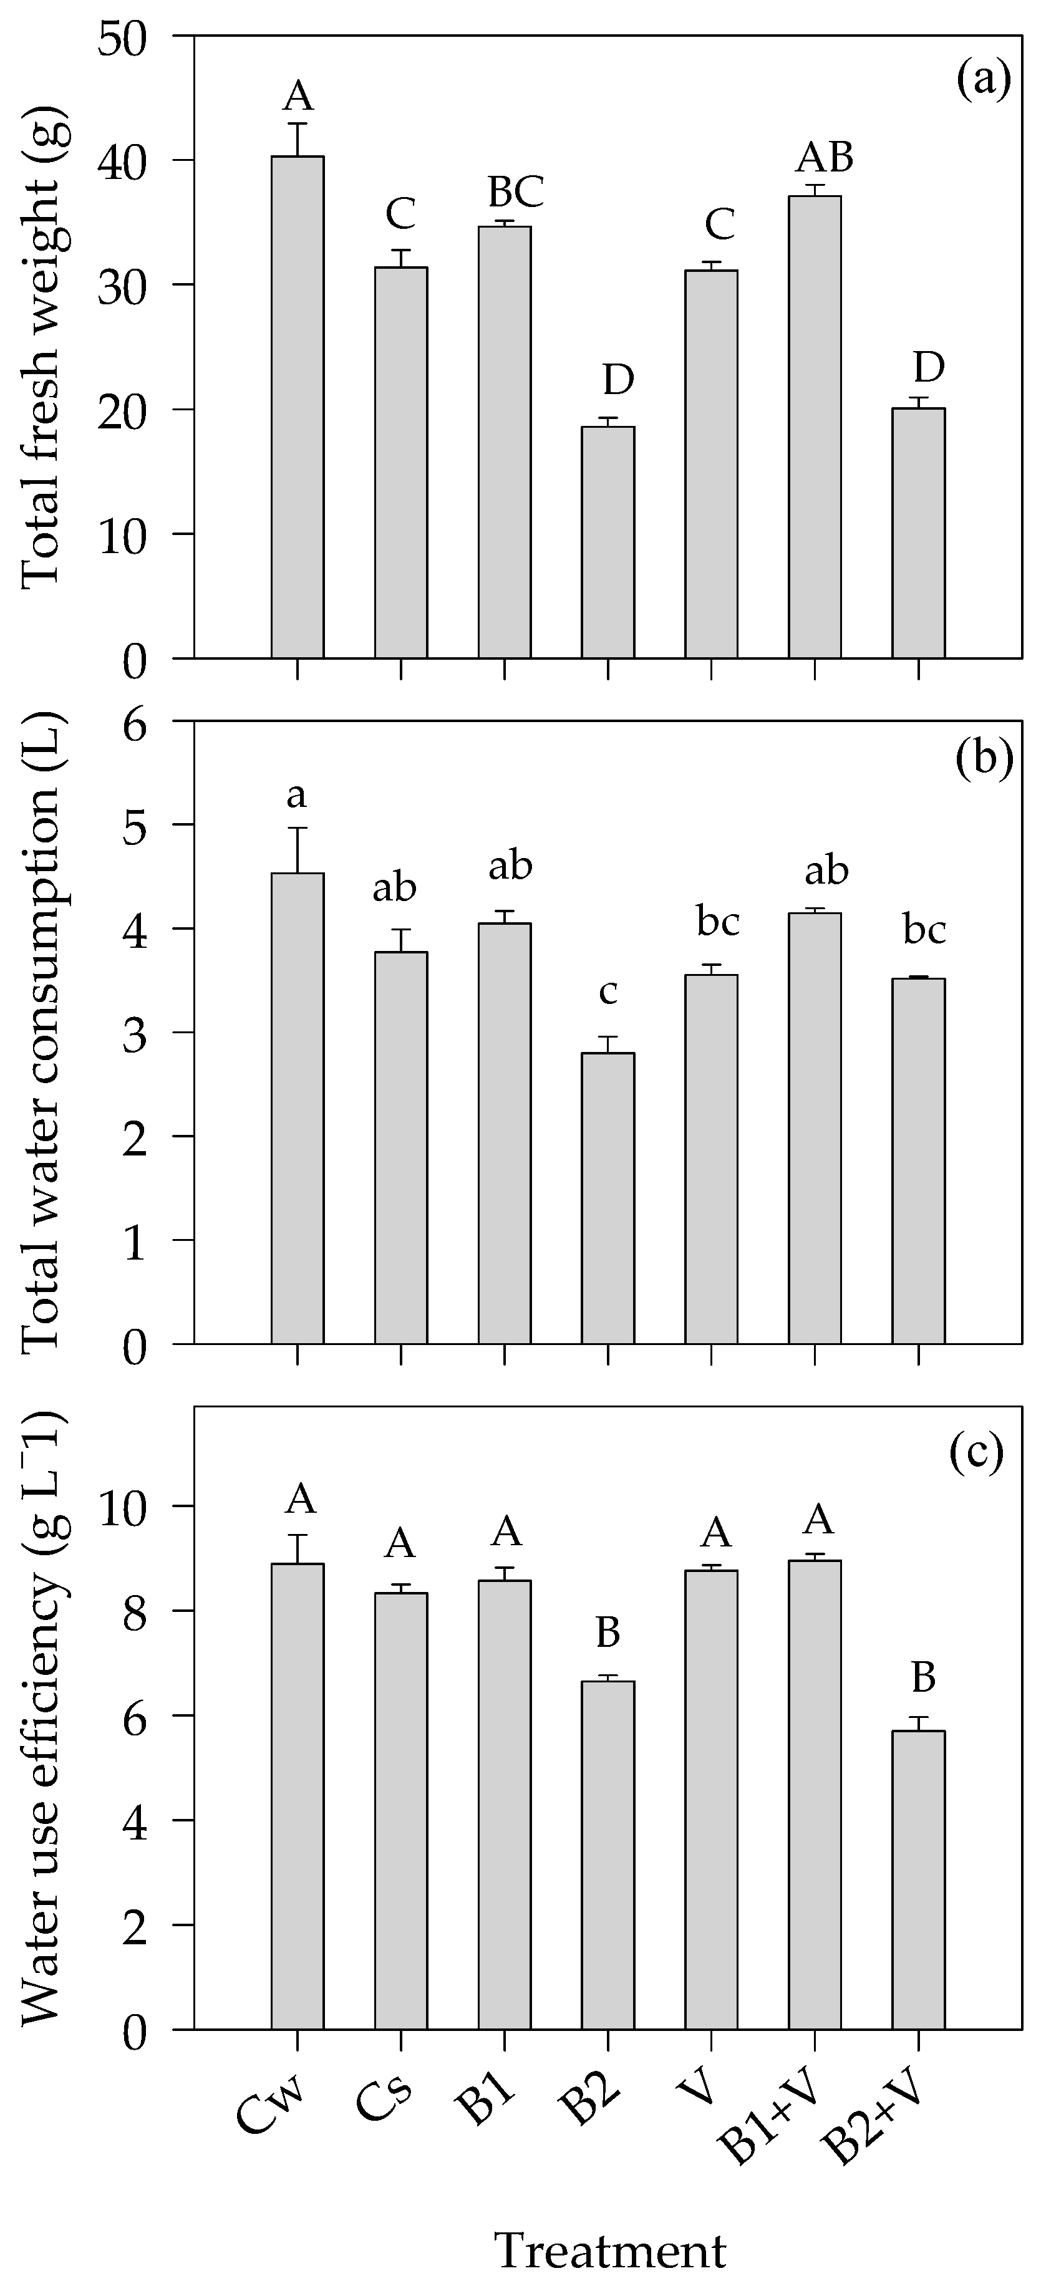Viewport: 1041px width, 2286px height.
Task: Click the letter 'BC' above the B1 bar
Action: (504, 191)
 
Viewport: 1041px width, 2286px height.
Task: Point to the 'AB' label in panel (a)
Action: (825, 158)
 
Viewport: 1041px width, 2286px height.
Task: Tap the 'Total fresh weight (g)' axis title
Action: (40, 350)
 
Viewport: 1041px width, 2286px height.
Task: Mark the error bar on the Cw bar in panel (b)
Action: (298, 849)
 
